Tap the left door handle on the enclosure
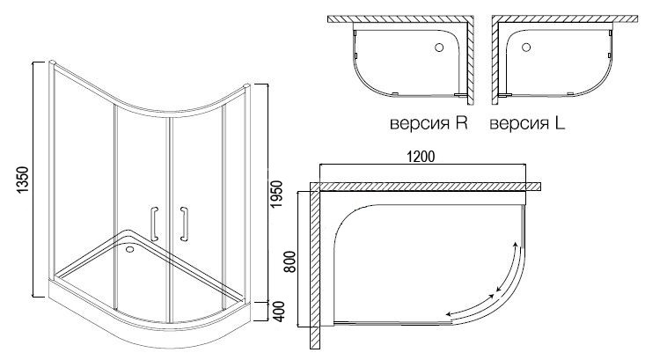(155, 223)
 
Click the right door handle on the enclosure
(184, 223)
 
